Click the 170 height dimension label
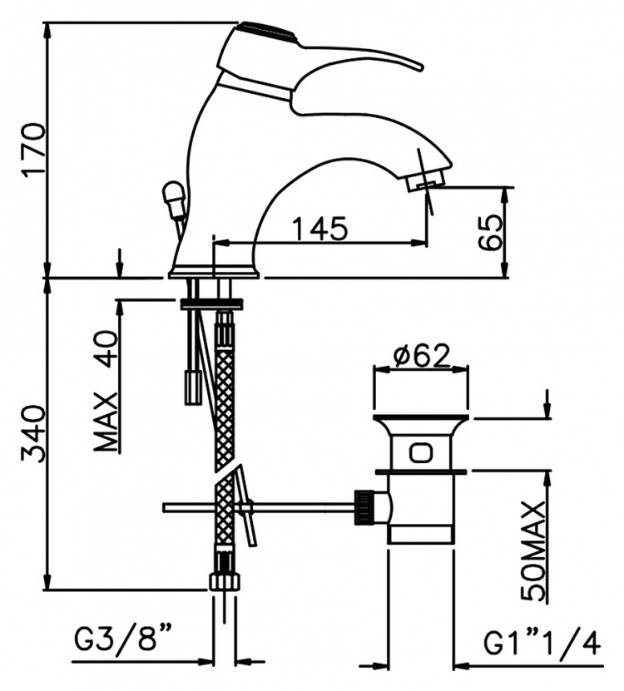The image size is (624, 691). tap(35, 151)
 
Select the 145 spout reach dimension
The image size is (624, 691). tap(320, 229)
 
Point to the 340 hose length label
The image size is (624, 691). tap(35, 434)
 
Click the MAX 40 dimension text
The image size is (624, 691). tap(106, 392)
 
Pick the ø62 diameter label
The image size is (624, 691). tap(421, 355)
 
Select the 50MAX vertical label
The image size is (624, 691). tap(533, 550)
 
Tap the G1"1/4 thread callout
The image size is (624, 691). tap(542, 644)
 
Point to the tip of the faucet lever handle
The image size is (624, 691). tap(420, 67)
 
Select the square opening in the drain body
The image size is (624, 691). tap(421, 453)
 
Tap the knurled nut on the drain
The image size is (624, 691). tap(365, 507)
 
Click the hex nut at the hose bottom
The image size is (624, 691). tap(225, 580)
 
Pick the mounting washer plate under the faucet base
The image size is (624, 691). tap(212, 304)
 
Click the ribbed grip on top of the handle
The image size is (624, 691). tap(268, 31)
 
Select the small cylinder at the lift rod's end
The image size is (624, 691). tap(193, 387)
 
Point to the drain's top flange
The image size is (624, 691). tap(421, 417)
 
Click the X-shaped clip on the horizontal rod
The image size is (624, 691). tap(245, 506)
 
